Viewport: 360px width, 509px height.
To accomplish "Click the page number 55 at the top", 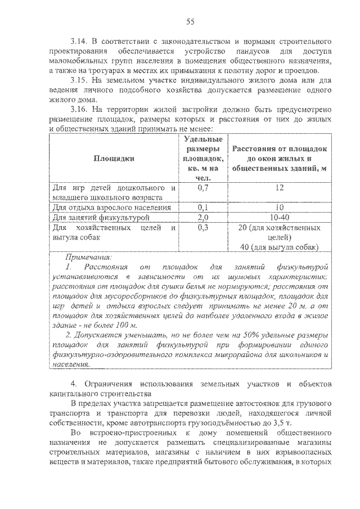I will pyautogui.click(x=190, y=21).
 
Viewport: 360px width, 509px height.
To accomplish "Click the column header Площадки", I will pyautogui.click(x=114, y=159).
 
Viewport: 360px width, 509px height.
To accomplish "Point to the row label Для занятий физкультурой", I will pyautogui.click(x=100, y=217).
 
